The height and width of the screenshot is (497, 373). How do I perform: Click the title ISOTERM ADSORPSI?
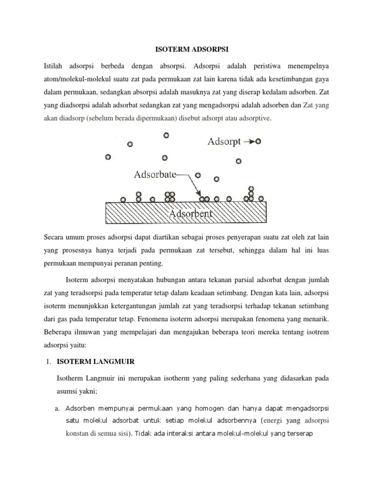pyautogui.click(x=187, y=49)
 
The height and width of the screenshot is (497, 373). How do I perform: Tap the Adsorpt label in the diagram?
pyautogui.click(x=224, y=142)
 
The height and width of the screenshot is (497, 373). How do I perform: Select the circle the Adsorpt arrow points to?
pyautogui.click(x=258, y=142)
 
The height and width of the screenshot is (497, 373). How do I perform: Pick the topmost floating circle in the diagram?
pyautogui.click(x=167, y=135)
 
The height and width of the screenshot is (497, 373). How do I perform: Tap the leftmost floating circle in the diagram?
pyautogui.click(x=108, y=157)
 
